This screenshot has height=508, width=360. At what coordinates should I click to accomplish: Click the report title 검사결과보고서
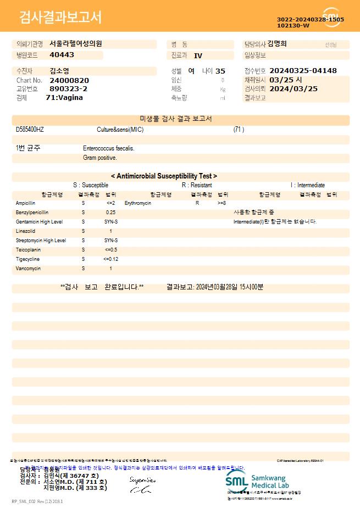click(x=60, y=18)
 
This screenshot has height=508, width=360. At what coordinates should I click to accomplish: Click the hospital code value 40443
click(x=62, y=55)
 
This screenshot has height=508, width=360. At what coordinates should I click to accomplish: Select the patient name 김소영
click(x=59, y=71)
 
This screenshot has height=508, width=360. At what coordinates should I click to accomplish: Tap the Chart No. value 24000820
click(x=69, y=80)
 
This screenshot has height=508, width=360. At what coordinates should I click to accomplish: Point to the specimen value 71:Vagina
click(x=64, y=98)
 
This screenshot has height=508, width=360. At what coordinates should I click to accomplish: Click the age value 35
click(x=220, y=71)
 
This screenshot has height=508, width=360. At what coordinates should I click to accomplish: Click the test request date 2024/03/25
click(x=293, y=88)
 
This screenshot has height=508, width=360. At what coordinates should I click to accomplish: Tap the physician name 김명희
click(x=277, y=44)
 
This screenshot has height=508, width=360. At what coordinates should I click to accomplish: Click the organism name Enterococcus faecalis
click(x=109, y=148)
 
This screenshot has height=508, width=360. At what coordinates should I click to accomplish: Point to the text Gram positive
click(x=100, y=158)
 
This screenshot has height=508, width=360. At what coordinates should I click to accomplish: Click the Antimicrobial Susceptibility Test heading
click(x=164, y=176)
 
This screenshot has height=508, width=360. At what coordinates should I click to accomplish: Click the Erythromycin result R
click(x=197, y=203)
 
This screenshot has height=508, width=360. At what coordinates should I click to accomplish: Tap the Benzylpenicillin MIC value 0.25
click(x=110, y=213)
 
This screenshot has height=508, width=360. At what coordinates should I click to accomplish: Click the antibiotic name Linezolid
click(x=25, y=231)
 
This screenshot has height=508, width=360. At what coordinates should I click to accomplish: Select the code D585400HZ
click(x=30, y=130)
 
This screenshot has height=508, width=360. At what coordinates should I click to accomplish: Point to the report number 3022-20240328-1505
click(x=311, y=19)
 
